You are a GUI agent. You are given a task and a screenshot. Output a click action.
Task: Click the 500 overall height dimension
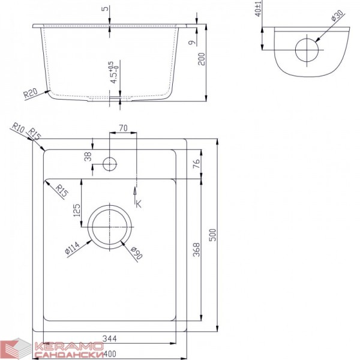coord(213,235)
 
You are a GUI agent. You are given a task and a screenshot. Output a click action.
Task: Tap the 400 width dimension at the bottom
coord(109,354)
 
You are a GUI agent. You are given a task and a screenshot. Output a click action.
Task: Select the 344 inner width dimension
coord(110,338)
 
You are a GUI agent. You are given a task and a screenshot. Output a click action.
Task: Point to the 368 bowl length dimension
coord(197,250)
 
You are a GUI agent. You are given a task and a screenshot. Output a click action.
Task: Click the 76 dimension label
coord(197,163)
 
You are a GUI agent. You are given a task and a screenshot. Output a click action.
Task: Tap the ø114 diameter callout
coord(72,248)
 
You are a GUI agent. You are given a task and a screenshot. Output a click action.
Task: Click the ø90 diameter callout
coord(136,253)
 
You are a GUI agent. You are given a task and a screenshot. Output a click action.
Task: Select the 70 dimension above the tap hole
coord(123,128)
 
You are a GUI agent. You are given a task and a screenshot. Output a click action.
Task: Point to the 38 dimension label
coord(88,157)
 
